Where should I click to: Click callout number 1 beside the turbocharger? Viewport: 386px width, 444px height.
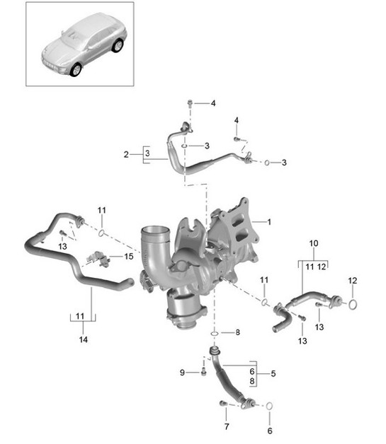[268, 221]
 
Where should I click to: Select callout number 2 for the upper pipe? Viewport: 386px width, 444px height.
[126, 153]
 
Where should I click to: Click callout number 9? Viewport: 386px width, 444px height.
[183, 373]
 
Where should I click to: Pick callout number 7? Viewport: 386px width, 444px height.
[227, 427]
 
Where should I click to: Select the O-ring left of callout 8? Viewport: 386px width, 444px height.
[214, 332]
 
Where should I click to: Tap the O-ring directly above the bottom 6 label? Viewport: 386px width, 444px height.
[268, 406]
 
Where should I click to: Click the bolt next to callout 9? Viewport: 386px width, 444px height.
[203, 371]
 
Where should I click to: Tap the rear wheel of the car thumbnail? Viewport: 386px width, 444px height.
[117, 47]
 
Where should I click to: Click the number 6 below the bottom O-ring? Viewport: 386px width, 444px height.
[268, 430]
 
